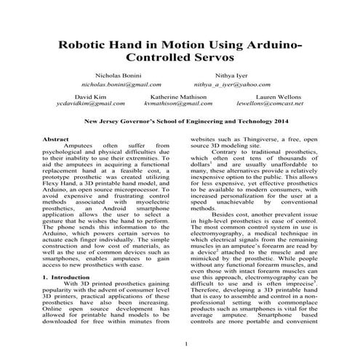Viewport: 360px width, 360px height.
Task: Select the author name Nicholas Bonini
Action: tap(116, 76)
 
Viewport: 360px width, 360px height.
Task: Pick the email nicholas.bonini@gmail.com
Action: tap(116, 84)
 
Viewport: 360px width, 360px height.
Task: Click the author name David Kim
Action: tap(90, 97)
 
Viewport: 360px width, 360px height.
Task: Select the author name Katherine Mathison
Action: tap(177, 97)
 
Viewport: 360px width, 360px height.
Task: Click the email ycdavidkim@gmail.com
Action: tap(90, 105)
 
